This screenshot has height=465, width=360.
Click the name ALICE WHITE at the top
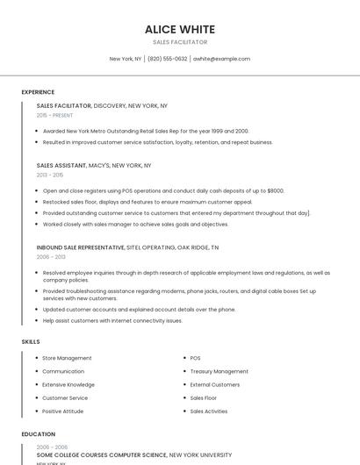click(x=179, y=29)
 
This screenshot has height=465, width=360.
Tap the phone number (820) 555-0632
click(x=167, y=59)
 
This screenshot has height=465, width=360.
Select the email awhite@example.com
click(x=221, y=59)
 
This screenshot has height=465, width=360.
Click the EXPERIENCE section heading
click(x=38, y=92)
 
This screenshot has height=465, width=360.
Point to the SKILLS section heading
click(x=30, y=341)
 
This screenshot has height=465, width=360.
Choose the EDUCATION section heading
click(x=38, y=434)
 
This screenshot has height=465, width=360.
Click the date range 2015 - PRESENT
click(x=54, y=115)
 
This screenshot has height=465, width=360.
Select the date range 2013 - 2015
click(x=50, y=175)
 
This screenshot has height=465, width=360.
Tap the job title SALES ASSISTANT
click(x=61, y=165)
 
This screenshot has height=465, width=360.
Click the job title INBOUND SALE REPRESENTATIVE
click(x=81, y=247)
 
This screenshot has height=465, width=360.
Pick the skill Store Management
click(x=67, y=358)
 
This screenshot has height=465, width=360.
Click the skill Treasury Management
click(x=219, y=371)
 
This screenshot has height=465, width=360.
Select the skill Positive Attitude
click(x=62, y=411)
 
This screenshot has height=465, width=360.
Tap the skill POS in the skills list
click(x=195, y=358)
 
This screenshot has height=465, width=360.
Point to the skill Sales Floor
click(x=204, y=397)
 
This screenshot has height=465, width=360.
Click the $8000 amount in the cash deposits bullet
click(x=275, y=190)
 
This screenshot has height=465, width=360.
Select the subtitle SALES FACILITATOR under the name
click(x=179, y=42)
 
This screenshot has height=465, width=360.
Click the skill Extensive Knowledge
click(x=68, y=384)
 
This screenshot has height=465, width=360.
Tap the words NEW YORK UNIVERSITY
click(x=200, y=455)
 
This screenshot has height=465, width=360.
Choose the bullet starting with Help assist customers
click(x=112, y=320)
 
